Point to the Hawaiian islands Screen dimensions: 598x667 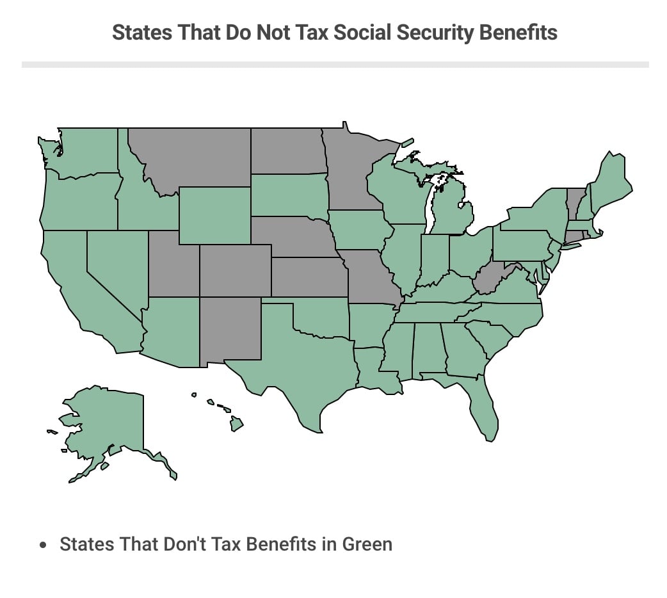236,423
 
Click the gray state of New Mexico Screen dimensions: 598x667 230,330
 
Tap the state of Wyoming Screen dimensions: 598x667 214,215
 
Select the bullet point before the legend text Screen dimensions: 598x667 43,545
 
